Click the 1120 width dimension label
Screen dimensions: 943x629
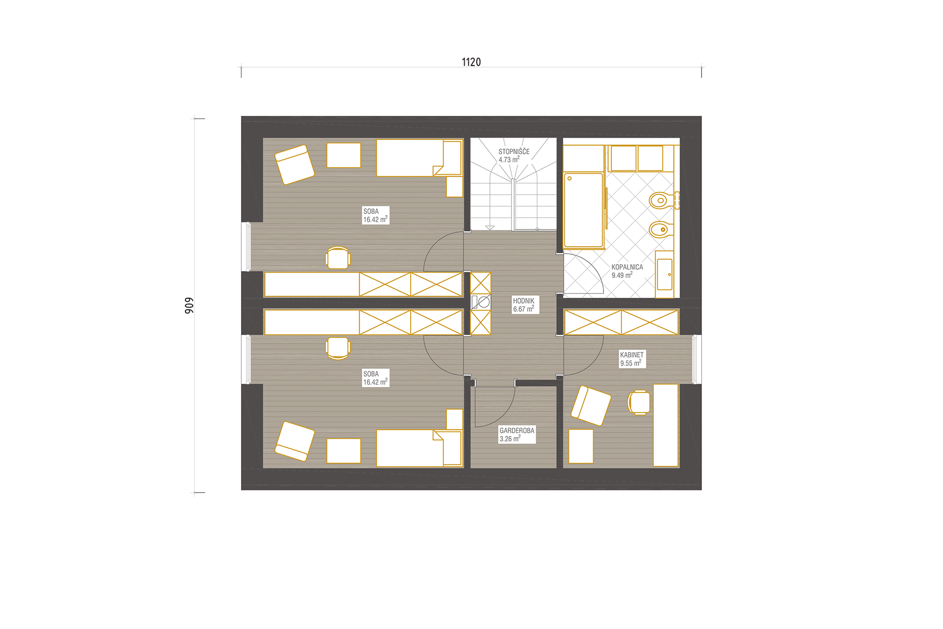tap(471, 62)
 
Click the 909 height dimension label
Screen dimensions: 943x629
tap(189, 306)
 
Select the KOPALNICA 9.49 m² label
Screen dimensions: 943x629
tap(627, 271)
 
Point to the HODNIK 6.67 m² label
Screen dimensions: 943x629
tap(524, 305)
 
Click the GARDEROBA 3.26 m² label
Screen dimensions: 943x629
tap(517, 435)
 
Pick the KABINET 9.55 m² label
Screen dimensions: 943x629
tap(632, 359)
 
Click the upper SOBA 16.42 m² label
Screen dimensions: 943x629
tap(376, 215)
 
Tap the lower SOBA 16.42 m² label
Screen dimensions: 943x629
tap(376, 378)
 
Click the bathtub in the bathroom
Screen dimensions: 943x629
tap(584, 210)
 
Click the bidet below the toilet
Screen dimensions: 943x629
tap(661, 230)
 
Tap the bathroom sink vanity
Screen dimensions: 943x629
tap(665, 274)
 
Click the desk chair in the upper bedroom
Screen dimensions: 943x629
tap(338, 257)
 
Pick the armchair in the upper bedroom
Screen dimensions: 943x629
tap(294, 165)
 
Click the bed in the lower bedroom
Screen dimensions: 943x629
tap(419, 448)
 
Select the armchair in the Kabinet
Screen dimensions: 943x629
tap(591, 406)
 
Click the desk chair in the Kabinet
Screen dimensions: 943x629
tap(639, 403)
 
